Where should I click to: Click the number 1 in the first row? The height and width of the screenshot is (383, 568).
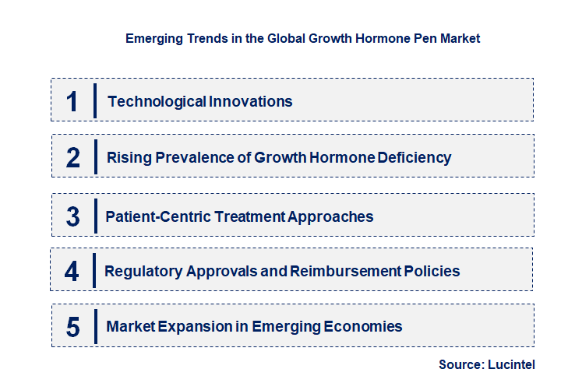click(x=72, y=101)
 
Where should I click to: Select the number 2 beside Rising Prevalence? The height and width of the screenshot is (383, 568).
click(x=73, y=158)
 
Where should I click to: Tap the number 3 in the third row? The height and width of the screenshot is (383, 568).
click(x=73, y=217)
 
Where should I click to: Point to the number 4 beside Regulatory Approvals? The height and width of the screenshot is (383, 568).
click(x=72, y=272)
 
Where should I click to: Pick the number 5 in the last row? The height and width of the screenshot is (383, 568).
click(x=73, y=327)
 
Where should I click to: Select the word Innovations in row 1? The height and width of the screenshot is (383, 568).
click(x=250, y=101)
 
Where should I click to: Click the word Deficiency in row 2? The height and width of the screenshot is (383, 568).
click(x=415, y=158)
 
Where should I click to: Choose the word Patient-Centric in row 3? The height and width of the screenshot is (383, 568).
click(x=156, y=217)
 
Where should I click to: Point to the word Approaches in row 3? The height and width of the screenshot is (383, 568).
click(x=330, y=217)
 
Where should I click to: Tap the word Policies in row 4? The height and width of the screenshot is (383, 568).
click(x=432, y=272)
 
